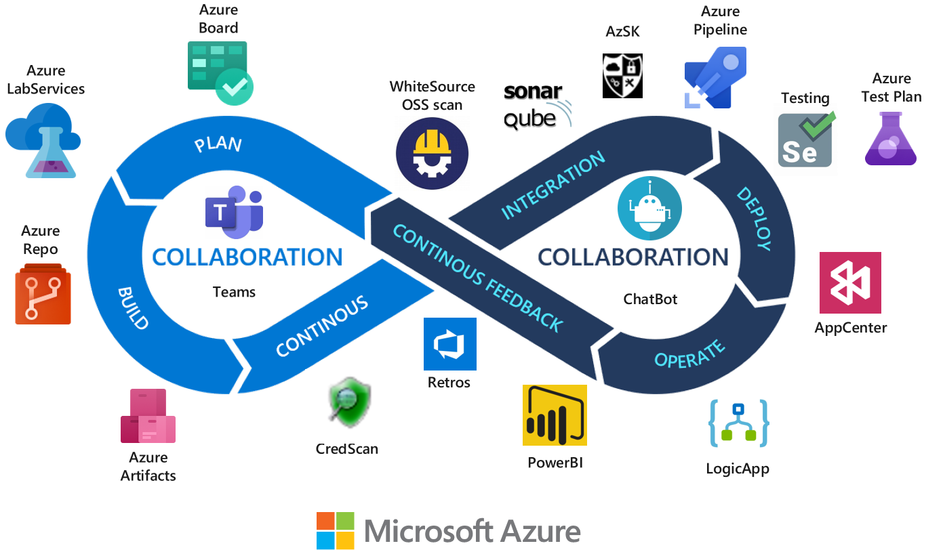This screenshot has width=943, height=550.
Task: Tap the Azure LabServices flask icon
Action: (x=43, y=140)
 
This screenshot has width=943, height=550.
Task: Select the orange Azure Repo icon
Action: (x=43, y=294)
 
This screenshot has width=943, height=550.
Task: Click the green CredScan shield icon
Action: (x=343, y=406)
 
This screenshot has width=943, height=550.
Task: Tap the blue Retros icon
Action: (x=449, y=344)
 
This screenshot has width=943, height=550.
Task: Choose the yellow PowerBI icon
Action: (x=555, y=415)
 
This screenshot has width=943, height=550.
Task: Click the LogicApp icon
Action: (x=738, y=423)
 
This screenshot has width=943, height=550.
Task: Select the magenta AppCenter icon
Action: (x=850, y=283)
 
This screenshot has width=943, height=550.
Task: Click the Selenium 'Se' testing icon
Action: (x=805, y=140)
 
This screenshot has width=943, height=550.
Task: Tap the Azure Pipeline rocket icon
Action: (x=715, y=77)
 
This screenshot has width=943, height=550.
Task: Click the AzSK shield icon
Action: (x=622, y=76)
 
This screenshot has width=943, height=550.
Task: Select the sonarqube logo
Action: (x=538, y=106)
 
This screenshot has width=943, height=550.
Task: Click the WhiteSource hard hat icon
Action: (x=433, y=152)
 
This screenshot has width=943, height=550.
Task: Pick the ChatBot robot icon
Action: (x=649, y=208)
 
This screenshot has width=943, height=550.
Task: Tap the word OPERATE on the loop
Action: (x=689, y=352)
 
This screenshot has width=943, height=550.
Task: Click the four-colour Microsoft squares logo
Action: (x=336, y=530)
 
